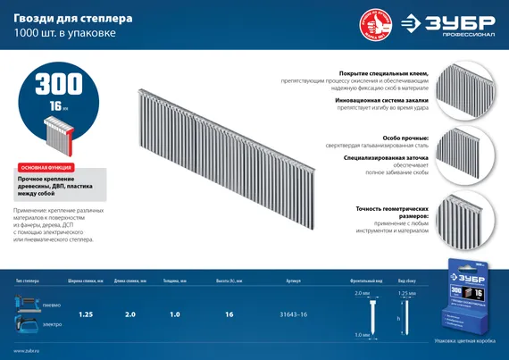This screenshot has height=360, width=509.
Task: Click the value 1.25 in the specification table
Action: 87,314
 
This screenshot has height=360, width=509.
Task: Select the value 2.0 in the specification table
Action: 131,314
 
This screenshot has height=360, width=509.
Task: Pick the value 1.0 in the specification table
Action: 175,314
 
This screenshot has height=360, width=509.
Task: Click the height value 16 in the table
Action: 229,314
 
